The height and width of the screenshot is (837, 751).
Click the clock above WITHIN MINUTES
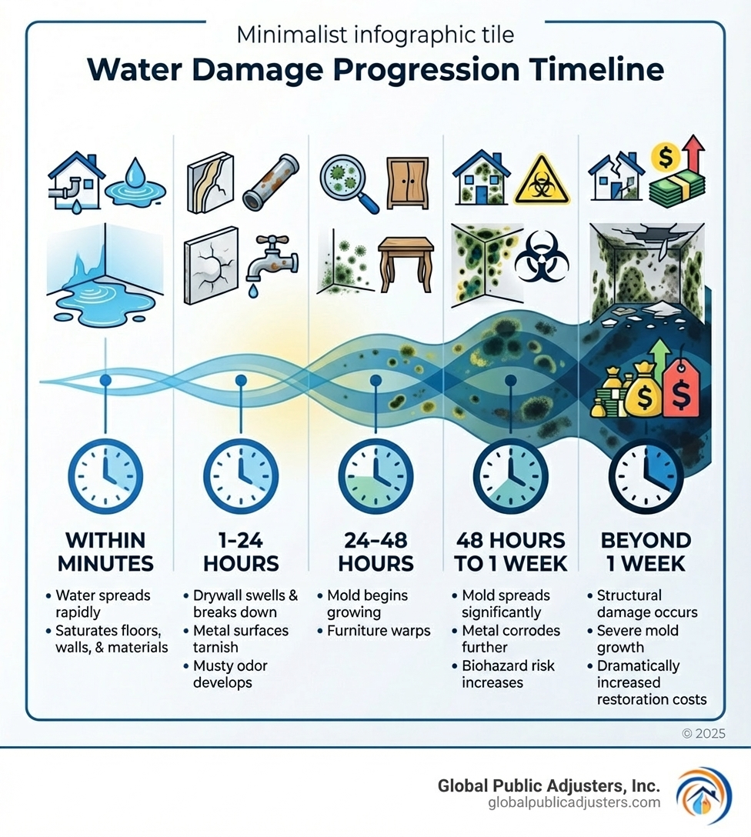point(105,475)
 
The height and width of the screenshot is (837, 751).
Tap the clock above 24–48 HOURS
point(375,475)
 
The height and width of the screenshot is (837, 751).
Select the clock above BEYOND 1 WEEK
point(646,475)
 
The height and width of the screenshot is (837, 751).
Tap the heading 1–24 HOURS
point(240,551)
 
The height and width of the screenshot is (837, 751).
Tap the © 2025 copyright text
point(703,733)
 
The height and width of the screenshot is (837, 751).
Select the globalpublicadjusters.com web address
point(574,803)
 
